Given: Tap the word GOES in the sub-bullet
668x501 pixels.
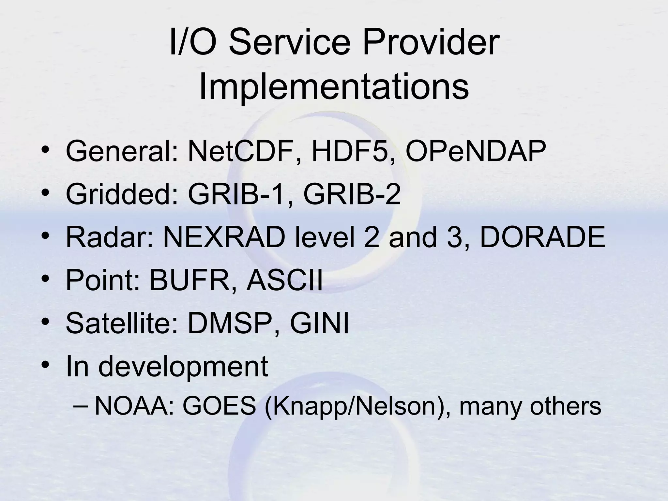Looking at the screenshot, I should point(219,406).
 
